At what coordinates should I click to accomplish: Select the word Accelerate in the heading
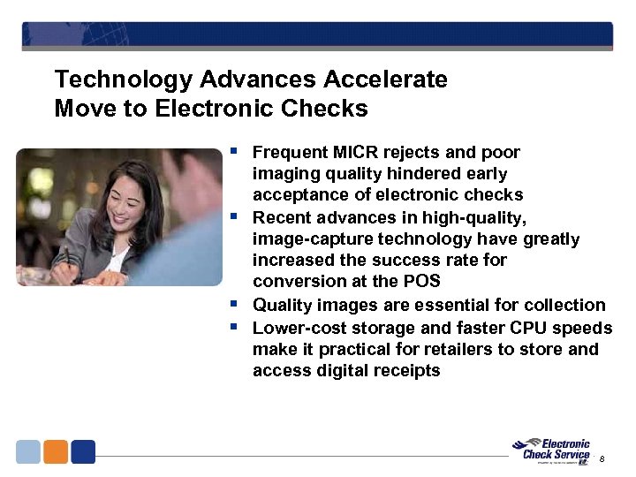385,79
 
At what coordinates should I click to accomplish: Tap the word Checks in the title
330,109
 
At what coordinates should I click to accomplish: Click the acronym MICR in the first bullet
350,153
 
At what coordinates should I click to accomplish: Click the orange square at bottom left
56,451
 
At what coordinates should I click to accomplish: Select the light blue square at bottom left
28,451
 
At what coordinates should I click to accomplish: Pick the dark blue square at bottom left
83,451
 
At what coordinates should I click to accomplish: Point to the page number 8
602,459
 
